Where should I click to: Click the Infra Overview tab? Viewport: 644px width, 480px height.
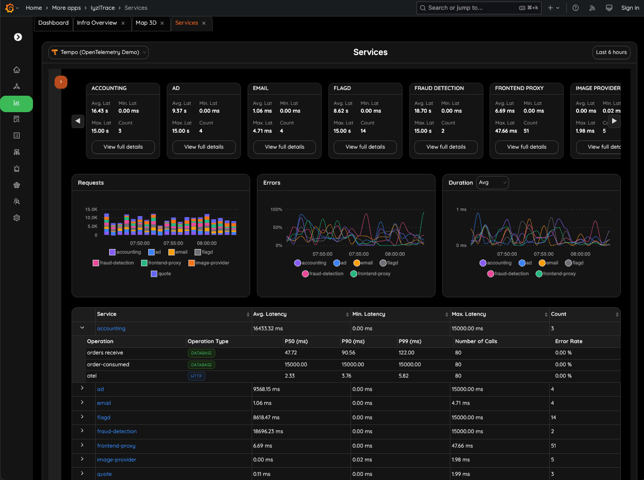pyautogui.click(x=97, y=23)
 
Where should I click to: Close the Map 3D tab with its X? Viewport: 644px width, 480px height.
pyautogui.click(x=162, y=23)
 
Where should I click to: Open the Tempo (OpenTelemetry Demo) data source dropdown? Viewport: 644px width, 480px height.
pyautogui.click(x=98, y=52)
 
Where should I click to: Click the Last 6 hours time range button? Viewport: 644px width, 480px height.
pyautogui.click(x=611, y=52)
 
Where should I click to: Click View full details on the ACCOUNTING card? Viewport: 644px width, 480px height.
pyautogui.click(x=123, y=147)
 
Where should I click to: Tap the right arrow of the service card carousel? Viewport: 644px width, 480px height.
pyautogui.click(x=614, y=121)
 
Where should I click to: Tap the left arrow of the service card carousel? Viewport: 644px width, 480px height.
pyautogui.click(x=78, y=121)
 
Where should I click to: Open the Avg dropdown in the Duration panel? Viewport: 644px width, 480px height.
pyautogui.click(x=492, y=183)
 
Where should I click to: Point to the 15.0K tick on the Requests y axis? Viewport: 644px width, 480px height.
pyautogui.click(x=91, y=209)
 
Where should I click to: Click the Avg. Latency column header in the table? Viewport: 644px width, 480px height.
pyautogui.click(x=270, y=314)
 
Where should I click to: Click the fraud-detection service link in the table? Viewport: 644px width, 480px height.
pyautogui.click(x=117, y=432)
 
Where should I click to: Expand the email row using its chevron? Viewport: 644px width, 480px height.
pyautogui.click(x=82, y=402)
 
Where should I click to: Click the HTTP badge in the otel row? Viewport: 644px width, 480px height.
pyautogui.click(x=197, y=376)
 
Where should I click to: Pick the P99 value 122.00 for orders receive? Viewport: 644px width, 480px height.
pyautogui.click(x=406, y=353)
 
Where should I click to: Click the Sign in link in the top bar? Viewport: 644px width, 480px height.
pyautogui.click(x=630, y=8)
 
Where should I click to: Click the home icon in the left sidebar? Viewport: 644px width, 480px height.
pyautogui.click(x=16, y=70)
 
